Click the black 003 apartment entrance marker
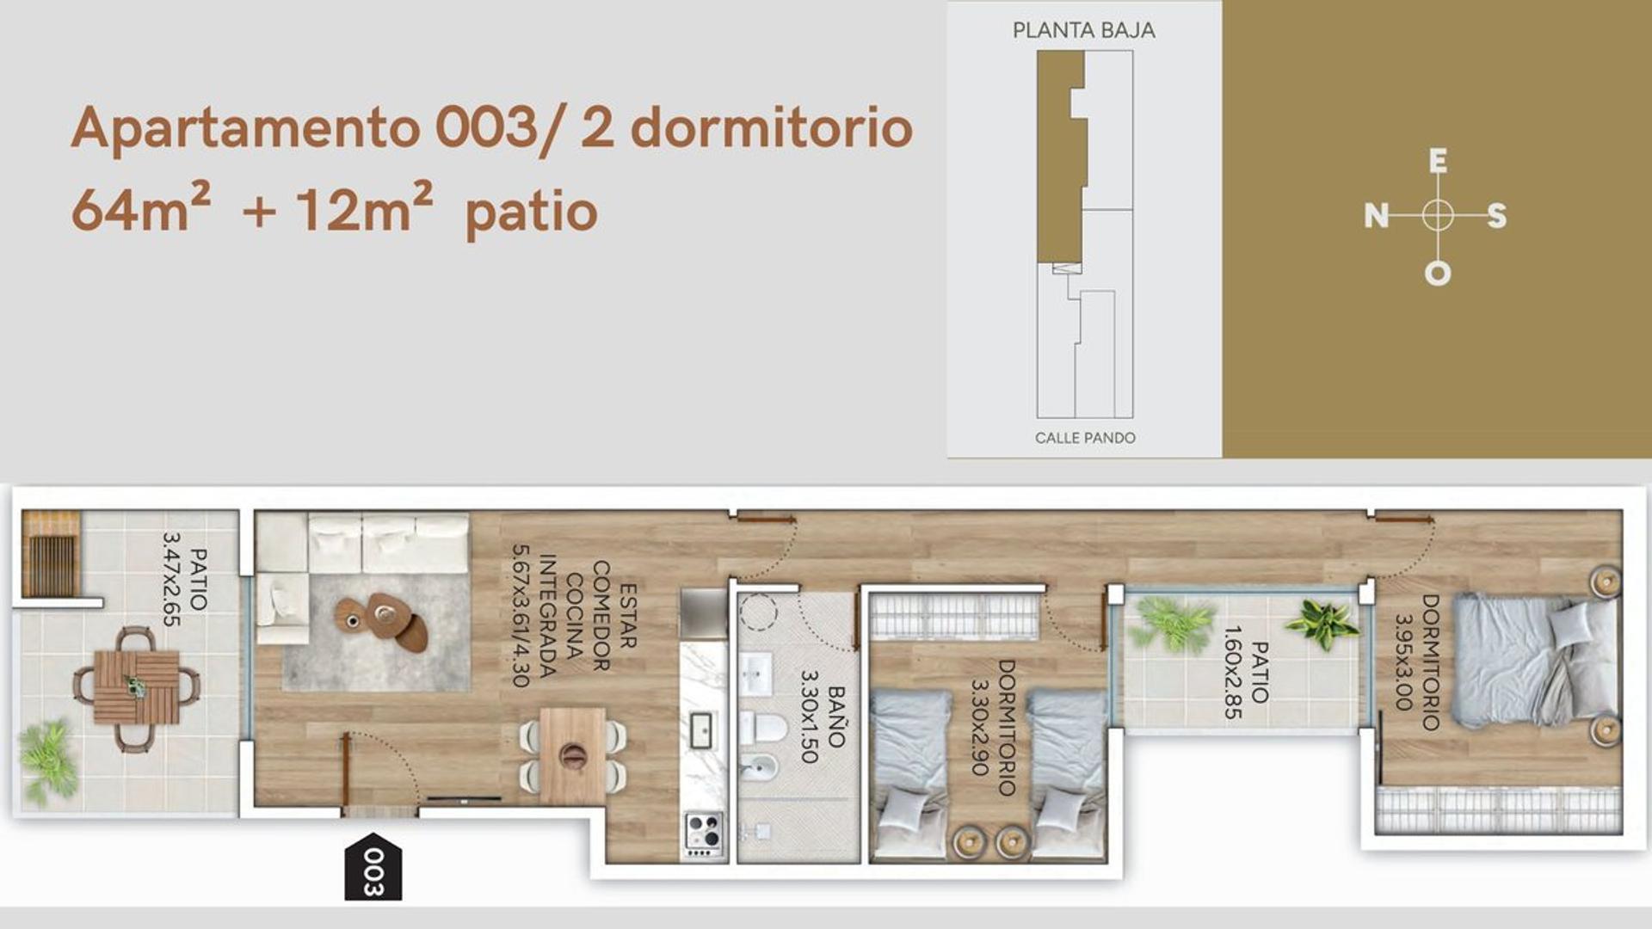(x=373, y=867)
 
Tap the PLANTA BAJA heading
(x=1083, y=31)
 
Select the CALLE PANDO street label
(x=1084, y=438)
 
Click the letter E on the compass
(x=1438, y=161)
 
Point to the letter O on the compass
(x=1437, y=274)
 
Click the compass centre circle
(x=1437, y=215)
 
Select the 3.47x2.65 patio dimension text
(x=172, y=579)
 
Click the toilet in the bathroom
(x=764, y=728)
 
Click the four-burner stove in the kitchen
(x=704, y=831)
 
